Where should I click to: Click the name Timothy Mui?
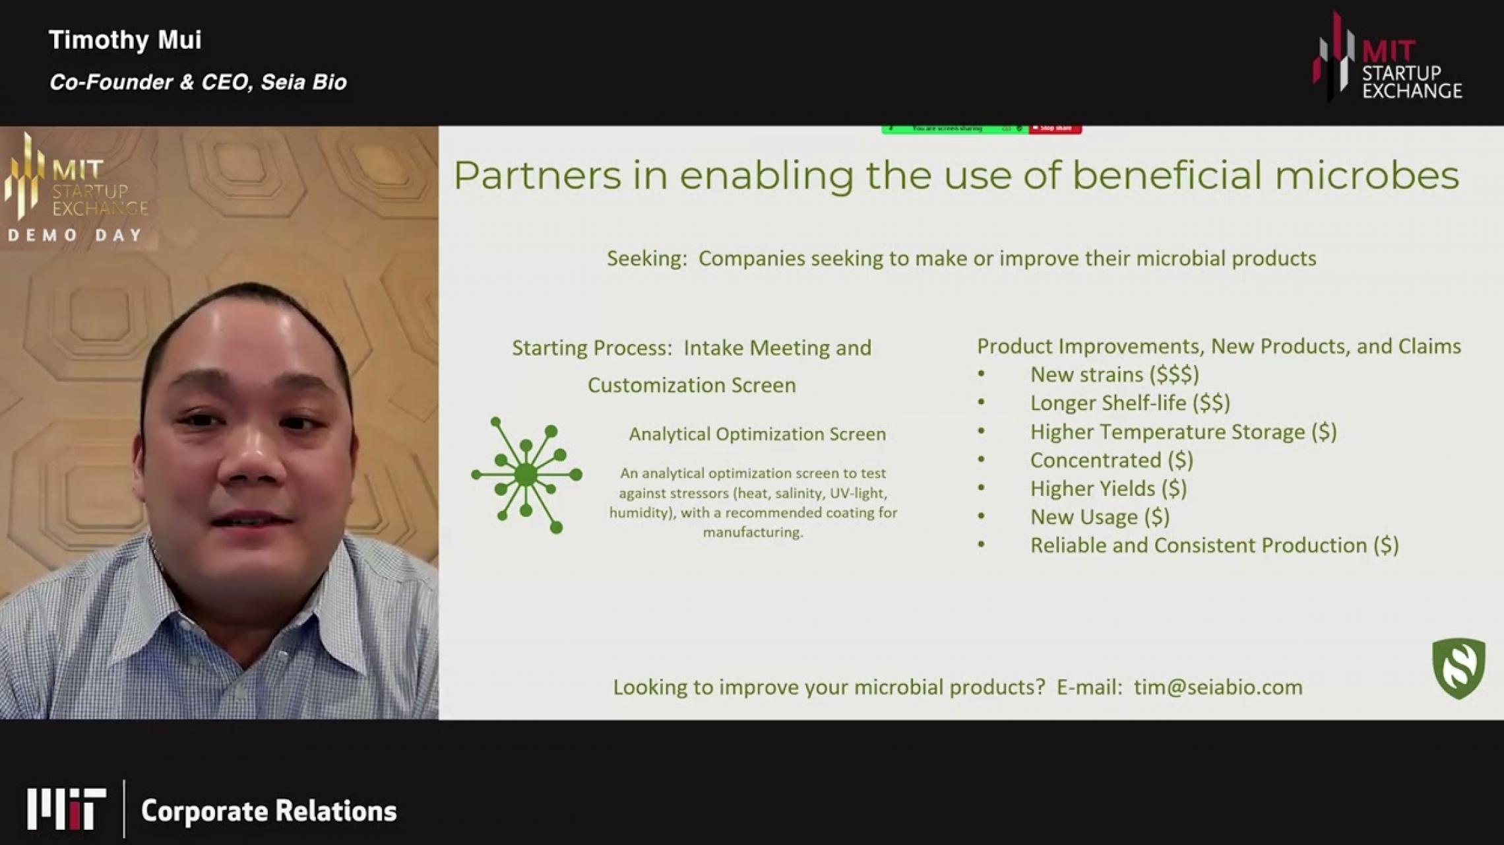coord(125,40)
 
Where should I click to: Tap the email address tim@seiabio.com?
coord(1218,687)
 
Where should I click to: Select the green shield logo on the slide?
coord(1458,668)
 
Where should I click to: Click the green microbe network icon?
coord(526,475)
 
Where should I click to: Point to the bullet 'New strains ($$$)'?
coord(1114,375)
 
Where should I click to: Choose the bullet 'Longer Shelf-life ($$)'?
coord(1129,403)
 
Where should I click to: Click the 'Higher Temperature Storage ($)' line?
coord(1183,432)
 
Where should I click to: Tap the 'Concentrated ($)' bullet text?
coord(1112,460)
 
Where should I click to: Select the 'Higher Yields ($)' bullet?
coord(1108,489)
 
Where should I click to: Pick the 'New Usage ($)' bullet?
coord(1100,517)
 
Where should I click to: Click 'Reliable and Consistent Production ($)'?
coord(1214,545)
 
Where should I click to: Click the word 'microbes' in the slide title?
coord(1365,176)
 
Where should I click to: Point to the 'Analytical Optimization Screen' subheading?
coord(757,434)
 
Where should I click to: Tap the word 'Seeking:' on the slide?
coord(646,258)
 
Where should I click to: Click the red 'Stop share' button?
coord(1055,128)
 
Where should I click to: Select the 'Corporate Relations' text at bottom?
coord(268,811)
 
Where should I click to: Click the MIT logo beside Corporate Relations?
coord(66,808)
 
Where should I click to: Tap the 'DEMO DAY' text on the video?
coord(75,236)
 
